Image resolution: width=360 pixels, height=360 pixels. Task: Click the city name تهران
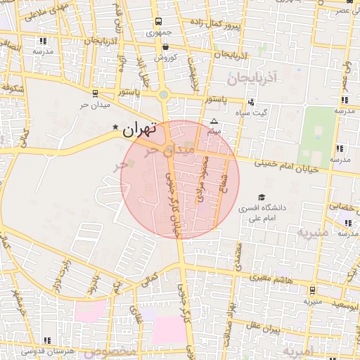click(x=138, y=129)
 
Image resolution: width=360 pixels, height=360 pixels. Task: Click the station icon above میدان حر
click(x=96, y=92)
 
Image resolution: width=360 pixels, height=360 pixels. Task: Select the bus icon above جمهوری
click(x=158, y=21)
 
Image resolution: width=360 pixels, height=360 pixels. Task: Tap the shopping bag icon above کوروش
click(x=165, y=46)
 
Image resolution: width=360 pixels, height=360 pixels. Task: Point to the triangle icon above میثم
click(x=214, y=121)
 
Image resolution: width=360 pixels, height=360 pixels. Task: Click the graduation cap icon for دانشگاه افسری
click(x=262, y=198)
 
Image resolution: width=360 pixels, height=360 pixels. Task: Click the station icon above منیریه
click(x=312, y=289)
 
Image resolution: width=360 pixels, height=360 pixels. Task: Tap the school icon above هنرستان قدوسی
click(x=47, y=340)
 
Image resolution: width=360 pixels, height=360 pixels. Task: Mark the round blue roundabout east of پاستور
click(x=164, y=95)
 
